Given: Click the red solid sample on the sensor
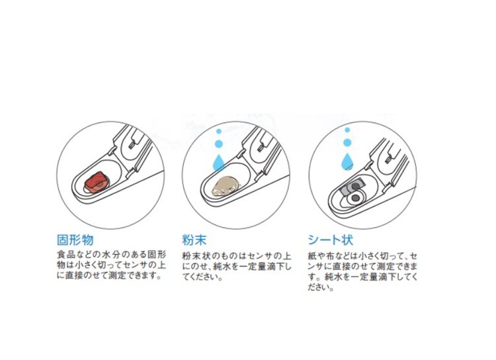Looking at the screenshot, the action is tap(97, 183).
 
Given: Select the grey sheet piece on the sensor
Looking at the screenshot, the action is tap(352, 188).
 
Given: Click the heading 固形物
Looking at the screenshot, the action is tap(75, 240).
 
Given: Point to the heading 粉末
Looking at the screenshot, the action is tap(194, 240).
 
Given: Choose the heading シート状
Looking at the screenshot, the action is tap(330, 240).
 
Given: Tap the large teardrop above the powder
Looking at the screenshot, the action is tap(219, 162).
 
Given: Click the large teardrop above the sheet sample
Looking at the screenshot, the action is tap(347, 161).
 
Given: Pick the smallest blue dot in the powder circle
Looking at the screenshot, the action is tap(219, 131).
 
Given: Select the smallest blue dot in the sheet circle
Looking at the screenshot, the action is tap(347, 130).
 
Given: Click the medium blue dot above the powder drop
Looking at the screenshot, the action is tap(219, 144).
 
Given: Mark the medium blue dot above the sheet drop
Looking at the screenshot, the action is tap(347, 142).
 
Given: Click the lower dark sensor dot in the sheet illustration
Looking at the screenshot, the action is tap(356, 199).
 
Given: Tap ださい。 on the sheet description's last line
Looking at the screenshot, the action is tap(321, 287).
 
